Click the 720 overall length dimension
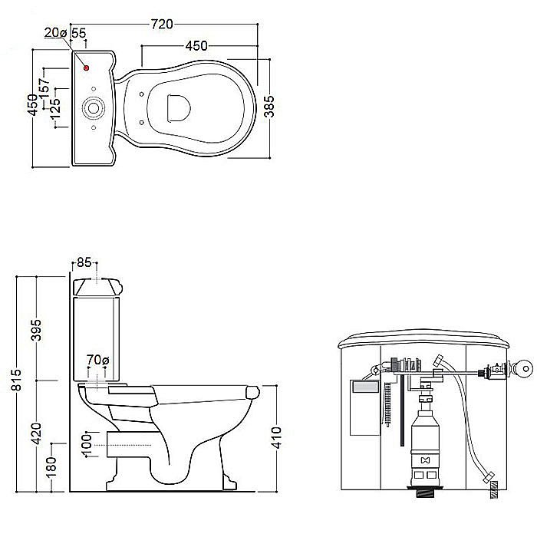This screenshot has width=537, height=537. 162,24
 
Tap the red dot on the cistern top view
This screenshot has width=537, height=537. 86,68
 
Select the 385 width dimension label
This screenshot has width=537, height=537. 269,106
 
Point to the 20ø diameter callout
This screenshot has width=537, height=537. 55,32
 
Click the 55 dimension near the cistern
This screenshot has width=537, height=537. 79,33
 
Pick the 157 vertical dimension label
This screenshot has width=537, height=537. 44,89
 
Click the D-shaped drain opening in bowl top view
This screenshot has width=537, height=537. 179,108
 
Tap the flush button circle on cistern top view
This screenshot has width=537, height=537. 94,108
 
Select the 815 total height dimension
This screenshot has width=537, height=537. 16,380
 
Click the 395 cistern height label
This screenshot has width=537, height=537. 36,330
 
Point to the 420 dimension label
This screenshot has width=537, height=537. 36,433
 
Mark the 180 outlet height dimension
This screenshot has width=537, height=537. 51,466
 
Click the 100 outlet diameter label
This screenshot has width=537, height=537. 87,445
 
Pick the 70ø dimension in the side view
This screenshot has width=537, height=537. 97,360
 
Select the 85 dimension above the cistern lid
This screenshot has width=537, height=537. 84,262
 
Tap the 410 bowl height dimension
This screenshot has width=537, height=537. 276,437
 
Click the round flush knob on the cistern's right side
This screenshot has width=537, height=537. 524,368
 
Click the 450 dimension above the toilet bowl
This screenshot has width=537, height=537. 196,45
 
